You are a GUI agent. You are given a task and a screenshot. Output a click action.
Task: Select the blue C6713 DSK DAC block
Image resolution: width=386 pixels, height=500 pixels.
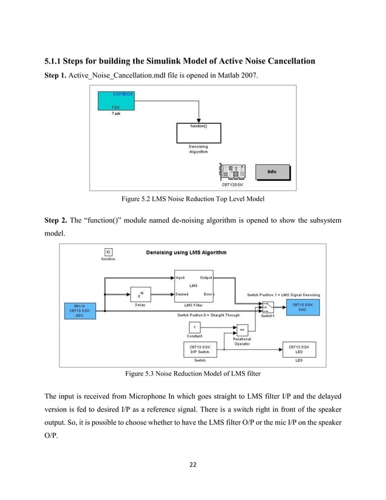302,306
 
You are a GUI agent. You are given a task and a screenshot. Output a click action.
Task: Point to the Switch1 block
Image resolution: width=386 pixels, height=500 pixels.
267,307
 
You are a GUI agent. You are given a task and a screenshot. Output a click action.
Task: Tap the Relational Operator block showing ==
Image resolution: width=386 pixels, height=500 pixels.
242,329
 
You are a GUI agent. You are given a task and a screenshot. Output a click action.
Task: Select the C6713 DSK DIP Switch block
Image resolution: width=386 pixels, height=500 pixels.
195,349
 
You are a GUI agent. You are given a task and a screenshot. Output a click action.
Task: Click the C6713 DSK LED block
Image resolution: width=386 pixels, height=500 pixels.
299,349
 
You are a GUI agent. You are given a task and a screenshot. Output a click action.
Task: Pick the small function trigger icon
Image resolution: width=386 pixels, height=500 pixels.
108,252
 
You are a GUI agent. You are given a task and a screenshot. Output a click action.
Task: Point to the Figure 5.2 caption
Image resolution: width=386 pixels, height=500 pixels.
193,198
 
